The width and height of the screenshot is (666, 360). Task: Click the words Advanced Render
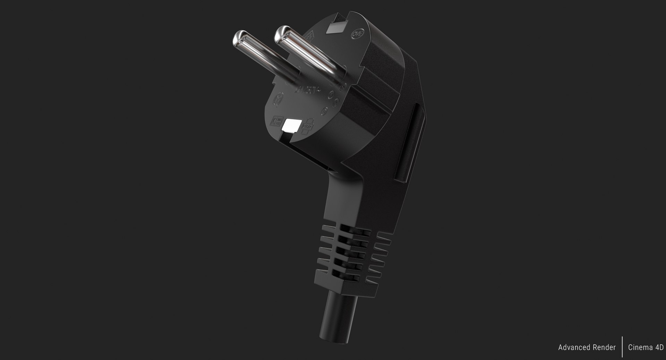click(587, 348)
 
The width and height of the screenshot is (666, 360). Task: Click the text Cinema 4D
click(646, 348)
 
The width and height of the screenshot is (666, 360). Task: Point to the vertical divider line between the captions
click(622, 347)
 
